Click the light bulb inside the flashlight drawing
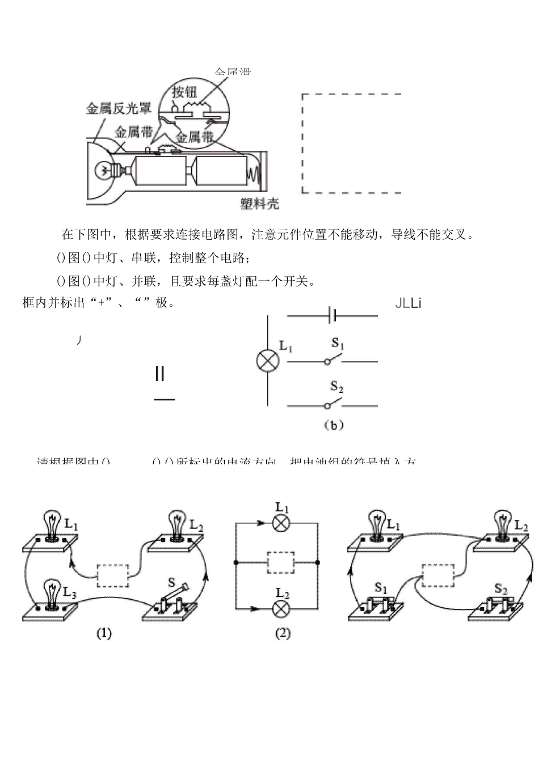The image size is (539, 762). click(x=104, y=170)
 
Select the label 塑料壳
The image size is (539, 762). click(x=259, y=204)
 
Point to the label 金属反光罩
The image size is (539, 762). click(x=119, y=108)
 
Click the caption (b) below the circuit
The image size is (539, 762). click(x=334, y=425)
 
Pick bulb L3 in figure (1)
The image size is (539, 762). click(x=52, y=595)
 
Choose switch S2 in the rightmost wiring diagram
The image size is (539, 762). click(x=499, y=606)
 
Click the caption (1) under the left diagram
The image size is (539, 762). click(x=103, y=634)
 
